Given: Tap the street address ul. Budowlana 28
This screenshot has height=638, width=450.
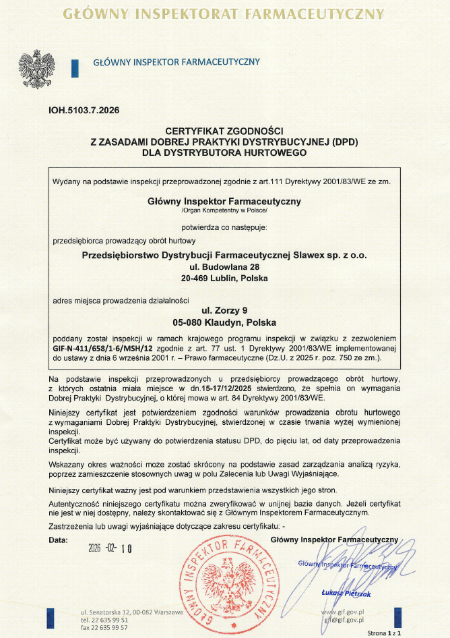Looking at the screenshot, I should click(224, 266).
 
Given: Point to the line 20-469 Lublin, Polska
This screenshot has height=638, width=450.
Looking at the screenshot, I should click(224, 278).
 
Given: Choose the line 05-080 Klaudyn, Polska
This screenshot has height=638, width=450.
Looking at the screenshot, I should click(224, 322).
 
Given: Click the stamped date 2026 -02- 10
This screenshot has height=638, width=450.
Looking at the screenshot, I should click(110, 548).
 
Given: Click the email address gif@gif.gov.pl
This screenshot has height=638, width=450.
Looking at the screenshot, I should click(344, 618).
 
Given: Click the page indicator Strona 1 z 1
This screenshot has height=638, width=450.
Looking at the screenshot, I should click(384, 633).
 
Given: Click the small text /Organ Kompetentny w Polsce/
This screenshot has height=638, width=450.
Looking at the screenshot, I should click(224, 211).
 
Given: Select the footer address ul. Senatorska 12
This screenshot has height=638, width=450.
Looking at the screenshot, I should click(106, 611).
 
